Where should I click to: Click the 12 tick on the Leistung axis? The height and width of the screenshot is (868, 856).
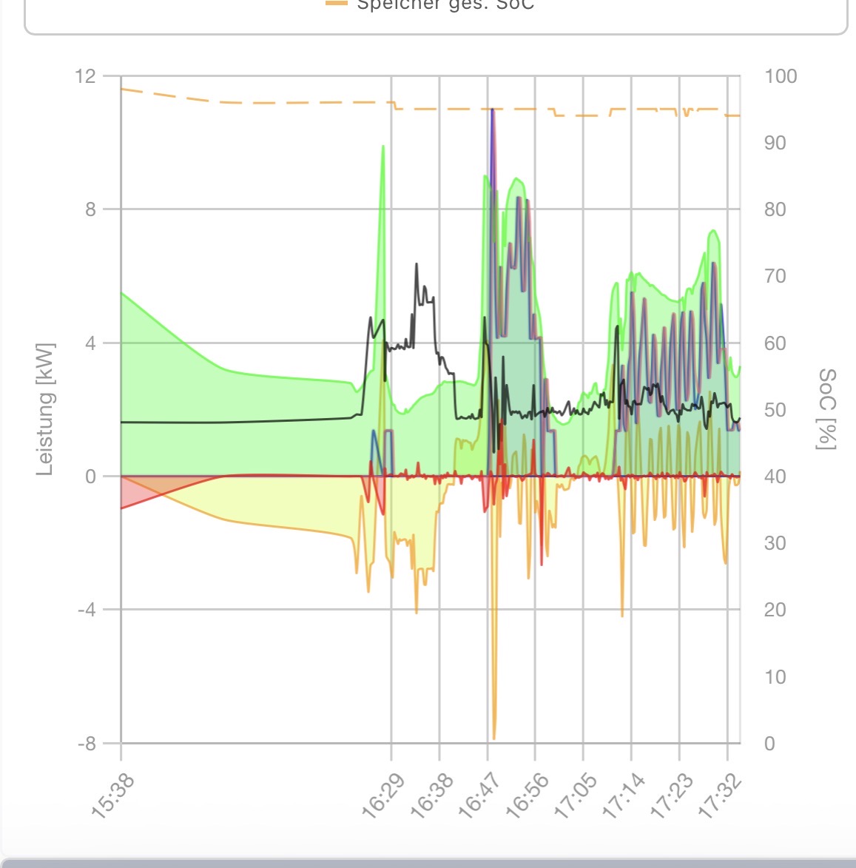tap(85, 76)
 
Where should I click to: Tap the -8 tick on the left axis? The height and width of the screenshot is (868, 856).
tap(87, 744)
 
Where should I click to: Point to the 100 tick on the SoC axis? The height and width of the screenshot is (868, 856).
tap(781, 76)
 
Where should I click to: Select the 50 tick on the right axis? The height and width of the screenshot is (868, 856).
tap(775, 410)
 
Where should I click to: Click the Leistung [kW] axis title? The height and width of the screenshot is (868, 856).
tap(45, 408)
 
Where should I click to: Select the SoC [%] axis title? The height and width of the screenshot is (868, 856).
tap(827, 408)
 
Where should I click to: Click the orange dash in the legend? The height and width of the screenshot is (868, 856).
tap(336, 4)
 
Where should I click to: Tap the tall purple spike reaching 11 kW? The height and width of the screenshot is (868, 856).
tap(492, 110)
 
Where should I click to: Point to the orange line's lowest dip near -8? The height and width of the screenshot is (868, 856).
tap(494, 737)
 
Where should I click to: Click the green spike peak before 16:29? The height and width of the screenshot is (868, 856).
tap(383, 147)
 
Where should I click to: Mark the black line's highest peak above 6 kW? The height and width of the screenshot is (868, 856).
tap(417, 264)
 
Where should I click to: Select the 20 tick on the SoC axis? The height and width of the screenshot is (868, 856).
tap(775, 610)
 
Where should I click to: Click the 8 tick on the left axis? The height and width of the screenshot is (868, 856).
tap(90, 209)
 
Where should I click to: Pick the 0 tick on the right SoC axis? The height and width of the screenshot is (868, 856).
tap(769, 744)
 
